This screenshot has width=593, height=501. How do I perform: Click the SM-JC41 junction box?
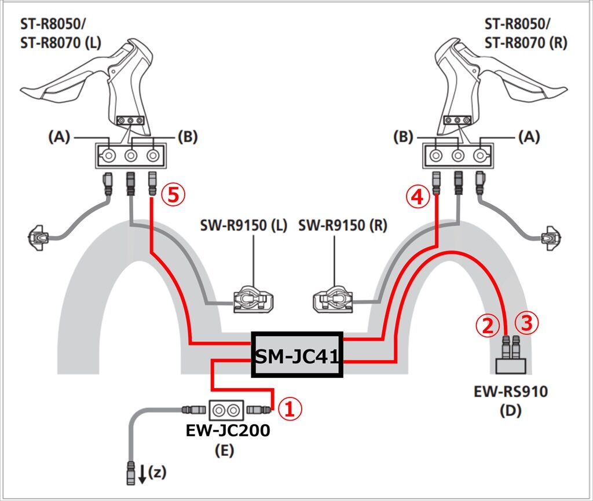297,355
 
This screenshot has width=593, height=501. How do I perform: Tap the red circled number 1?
290,409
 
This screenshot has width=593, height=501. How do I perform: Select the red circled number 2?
487,325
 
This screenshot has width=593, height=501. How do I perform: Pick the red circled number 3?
527,323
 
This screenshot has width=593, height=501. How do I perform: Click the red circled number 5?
174,196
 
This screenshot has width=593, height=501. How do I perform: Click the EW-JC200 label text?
228,430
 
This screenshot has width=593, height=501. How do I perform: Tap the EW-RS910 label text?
511,392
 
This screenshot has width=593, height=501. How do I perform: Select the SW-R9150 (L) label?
244,226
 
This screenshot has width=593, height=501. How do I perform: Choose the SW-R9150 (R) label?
343,226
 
